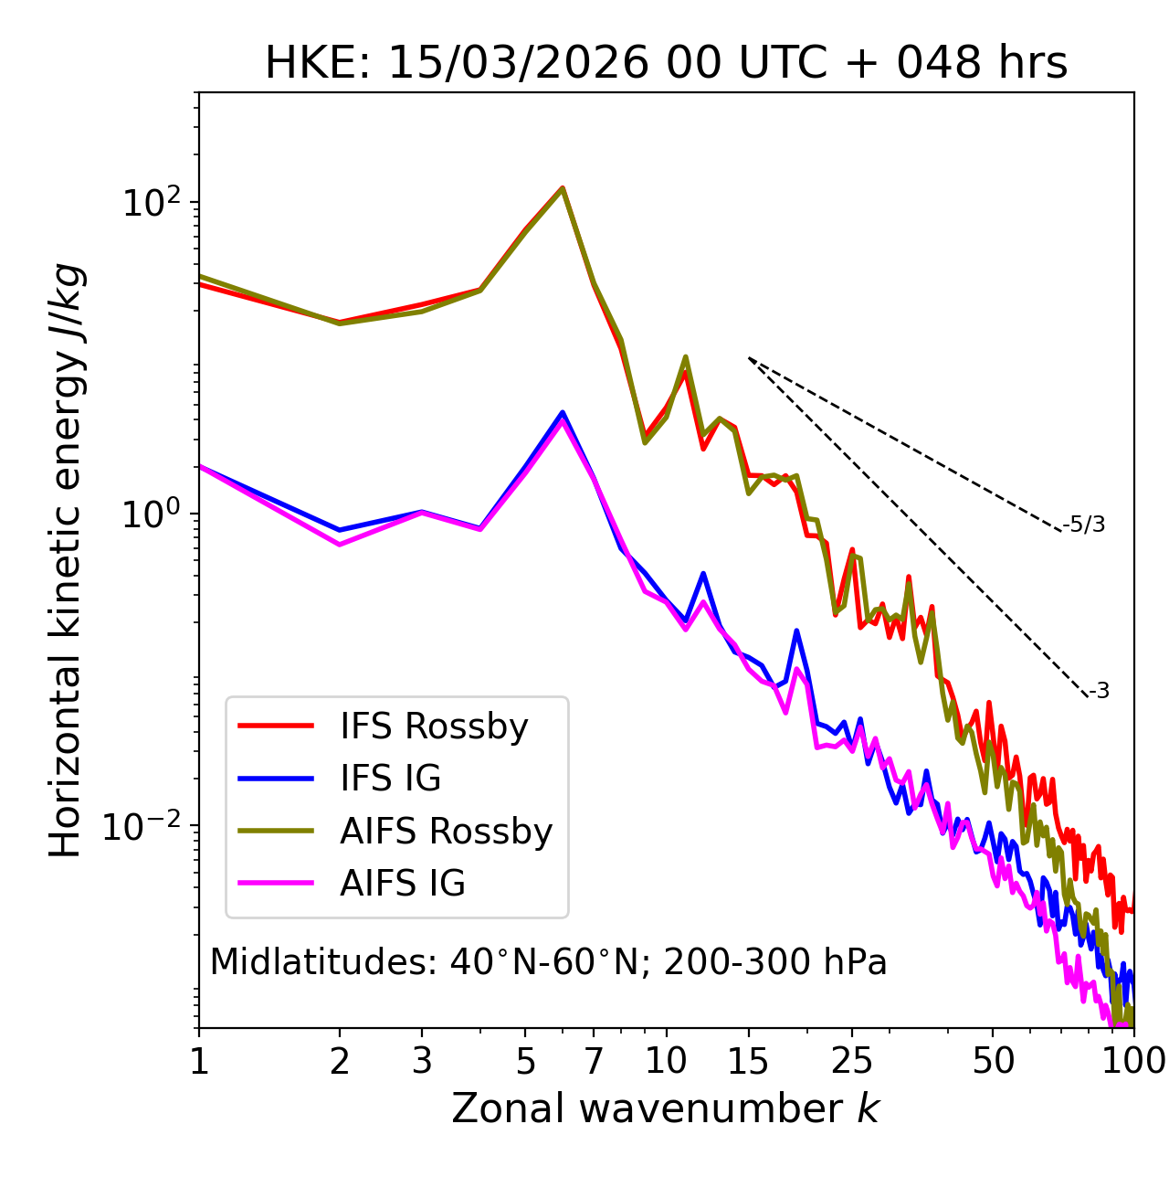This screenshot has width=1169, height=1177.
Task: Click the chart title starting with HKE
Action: coord(666,64)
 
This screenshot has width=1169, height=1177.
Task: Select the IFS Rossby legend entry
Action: coord(434,726)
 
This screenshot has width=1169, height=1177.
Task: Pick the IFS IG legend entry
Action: coord(390,779)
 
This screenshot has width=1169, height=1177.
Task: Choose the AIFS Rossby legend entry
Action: coord(446,832)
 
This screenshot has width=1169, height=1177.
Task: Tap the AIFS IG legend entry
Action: coord(402,884)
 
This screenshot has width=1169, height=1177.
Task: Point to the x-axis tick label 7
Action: coord(594,1061)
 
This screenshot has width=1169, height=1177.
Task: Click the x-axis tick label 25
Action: coord(852,1061)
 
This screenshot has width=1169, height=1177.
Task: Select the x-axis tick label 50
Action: coord(993,1061)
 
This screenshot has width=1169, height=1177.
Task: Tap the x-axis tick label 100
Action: coord(1132,1061)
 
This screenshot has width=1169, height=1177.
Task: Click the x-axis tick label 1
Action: coord(199,1061)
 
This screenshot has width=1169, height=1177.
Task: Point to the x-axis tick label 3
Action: coord(422,1061)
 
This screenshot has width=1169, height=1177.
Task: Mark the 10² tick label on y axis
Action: coord(151,202)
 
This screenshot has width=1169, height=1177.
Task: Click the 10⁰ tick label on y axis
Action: coord(151,514)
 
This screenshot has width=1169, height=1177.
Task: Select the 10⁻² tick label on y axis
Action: coord(146,825)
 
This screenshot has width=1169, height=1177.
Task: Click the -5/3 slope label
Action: coord(1084,525)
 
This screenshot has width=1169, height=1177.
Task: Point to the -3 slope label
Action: coord(1099,692)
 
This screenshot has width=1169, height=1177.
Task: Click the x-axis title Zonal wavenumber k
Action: coord(666,1108)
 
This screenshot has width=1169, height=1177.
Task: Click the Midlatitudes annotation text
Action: coord(548,962)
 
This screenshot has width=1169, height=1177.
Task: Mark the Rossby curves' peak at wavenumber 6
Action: coord(563,188)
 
